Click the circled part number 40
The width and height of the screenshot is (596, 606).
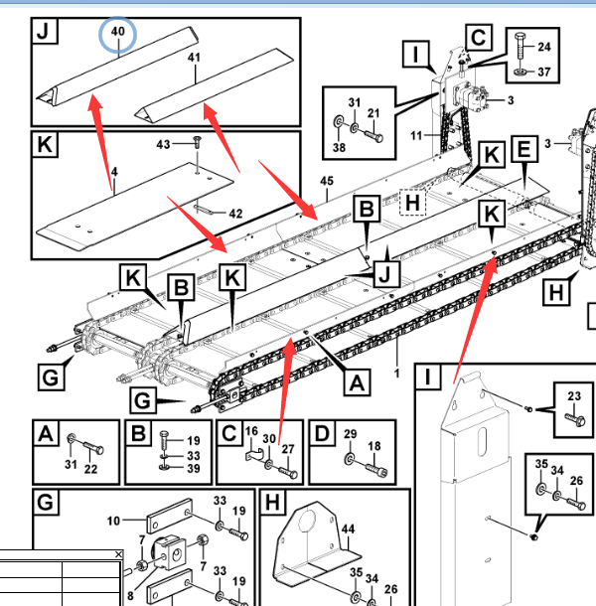tap(118, 32)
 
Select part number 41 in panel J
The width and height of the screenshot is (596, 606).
tap(194, 59)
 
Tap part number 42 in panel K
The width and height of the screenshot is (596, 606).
tap(234, 213)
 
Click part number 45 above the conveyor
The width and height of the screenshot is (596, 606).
tap(327, 180)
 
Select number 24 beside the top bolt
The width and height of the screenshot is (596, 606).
tap(543, 47)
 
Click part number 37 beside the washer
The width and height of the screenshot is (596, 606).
tap(543, 72)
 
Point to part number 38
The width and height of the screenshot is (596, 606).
tap(339, 147)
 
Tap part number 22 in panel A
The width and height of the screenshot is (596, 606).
tap(91, 469)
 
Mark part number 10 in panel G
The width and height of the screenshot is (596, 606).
tap(113, 520)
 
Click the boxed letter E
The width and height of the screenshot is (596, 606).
tap(522, 151)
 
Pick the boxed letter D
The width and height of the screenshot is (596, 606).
tap(322, 434)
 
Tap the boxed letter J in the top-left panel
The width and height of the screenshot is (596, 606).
tap(43, 31)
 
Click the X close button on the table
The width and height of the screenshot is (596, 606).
tap(118, 554)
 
